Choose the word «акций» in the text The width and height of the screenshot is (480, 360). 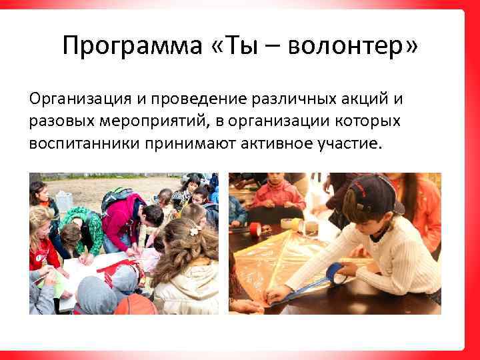pos(358,100)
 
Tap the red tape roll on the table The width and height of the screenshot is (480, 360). pos(255,229)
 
